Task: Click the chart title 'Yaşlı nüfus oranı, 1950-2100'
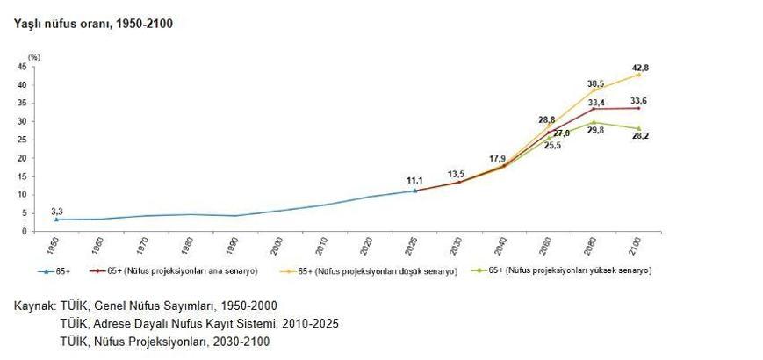pos(92,24)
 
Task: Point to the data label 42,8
pos(640,68)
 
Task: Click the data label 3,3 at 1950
pos(57,212)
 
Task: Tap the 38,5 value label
pos(595,83)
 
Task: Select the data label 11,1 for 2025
pos(414,181)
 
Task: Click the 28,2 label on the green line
pos(642,138)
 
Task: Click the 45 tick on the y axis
pos(25,67)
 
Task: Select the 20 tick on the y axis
pos(25,158)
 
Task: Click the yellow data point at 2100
pos(638,75)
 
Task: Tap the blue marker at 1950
pos(56,220)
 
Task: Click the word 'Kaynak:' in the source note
pos(34,306)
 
